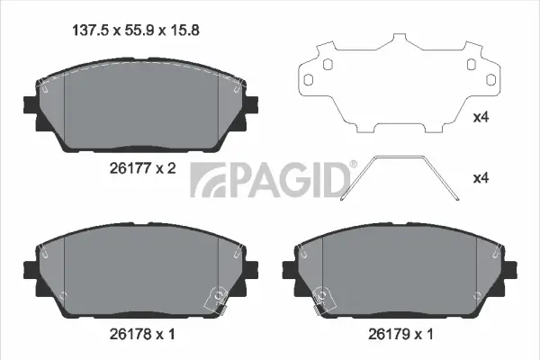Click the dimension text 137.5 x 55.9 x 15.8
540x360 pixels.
(135, 30)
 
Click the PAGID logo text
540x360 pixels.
(270, 180)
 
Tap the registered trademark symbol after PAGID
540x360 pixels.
(353, 165)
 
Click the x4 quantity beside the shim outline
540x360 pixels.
(482, 117)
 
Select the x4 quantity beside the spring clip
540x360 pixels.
(482, 177)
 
